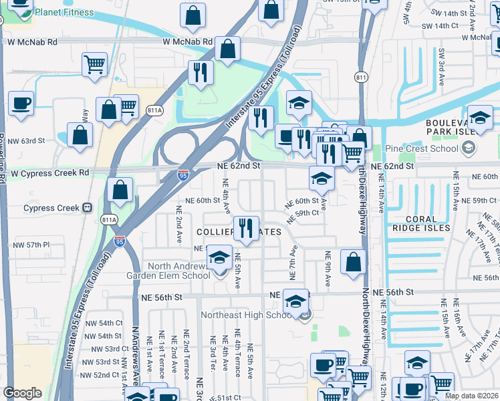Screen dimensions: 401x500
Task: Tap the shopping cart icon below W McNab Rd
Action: tap(94, 65)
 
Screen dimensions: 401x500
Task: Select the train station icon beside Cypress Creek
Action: tap(87, 208)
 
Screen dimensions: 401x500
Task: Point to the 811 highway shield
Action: tap(361, 78)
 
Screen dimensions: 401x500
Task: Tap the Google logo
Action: tap(22, 393)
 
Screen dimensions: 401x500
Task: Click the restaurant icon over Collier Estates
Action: tap(246, 229)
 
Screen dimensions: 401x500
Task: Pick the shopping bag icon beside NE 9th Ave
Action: tap(353, 262)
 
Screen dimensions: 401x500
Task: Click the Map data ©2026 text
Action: tap(471, 396)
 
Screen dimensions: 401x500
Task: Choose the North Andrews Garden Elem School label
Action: tap(168, 270)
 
